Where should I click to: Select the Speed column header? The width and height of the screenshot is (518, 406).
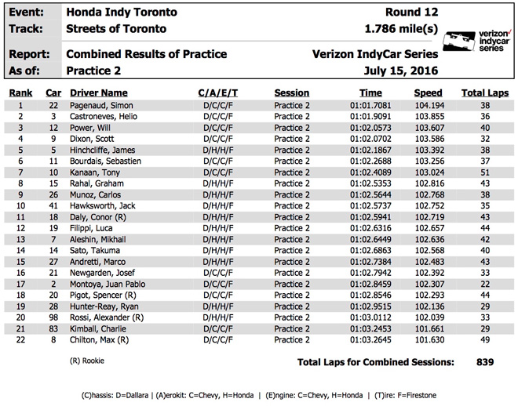click(x=428, y=93)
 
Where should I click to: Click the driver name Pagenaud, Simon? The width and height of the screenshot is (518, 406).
click(x=100, y=105)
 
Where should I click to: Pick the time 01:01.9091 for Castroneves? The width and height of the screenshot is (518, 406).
click(x=371, y=116)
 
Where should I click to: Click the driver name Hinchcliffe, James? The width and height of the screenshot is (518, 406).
click(x=104, y=150)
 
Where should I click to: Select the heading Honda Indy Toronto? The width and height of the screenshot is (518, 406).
click(x=122, y=13)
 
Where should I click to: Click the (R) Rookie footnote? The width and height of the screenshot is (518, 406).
click(x=88, y=361)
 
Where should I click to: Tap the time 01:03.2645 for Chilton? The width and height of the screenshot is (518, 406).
click(x=371, y=341)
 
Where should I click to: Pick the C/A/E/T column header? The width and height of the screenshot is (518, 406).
click(x=217, y=93)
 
